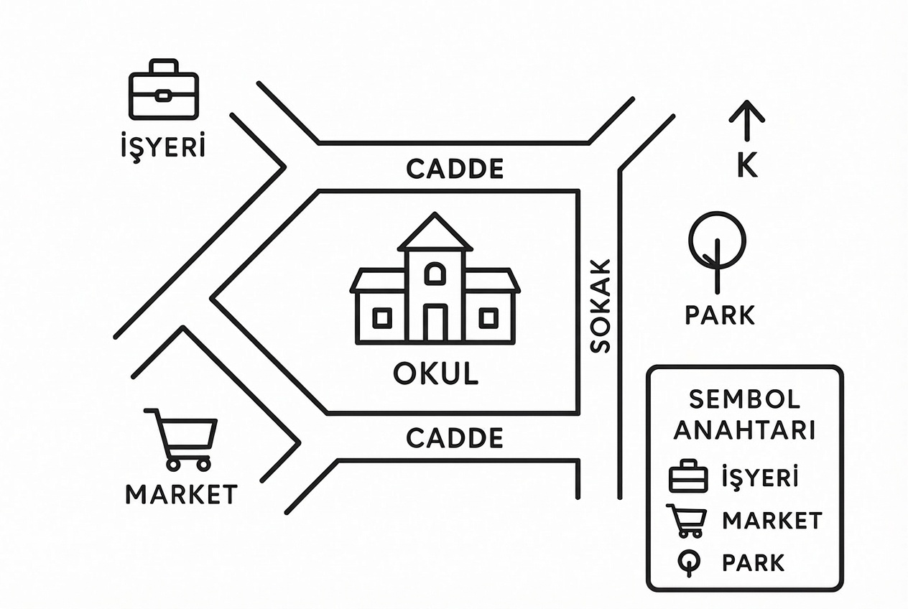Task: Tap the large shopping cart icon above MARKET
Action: click(x=182, y=438)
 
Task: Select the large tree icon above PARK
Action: click(x=717, y=248)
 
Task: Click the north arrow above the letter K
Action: click(x=746, y=121)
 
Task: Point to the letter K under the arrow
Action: click(x=747, y=166)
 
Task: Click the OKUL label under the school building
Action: click(x=436, y=373)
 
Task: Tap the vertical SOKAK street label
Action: click(x=600, y=305)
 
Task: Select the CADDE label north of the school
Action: click(x=455, y=169)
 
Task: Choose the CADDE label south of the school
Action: click(x=455, y=438)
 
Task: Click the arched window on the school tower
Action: click(x=435, y=274)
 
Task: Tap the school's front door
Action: click(x=435, y=322)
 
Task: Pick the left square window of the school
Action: click(x=381, y=317)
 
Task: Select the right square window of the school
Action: click(x=488, y=317)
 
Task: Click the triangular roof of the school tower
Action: click(x=435, y=233)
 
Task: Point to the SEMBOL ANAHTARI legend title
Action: click(x=744, y=414)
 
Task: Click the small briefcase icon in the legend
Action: click(x=688, y=477)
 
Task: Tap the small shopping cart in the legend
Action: click(x=687, y=521)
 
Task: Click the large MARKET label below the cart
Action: click(x=182, y=494)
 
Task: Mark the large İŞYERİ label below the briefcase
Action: click(x=162, y=147)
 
